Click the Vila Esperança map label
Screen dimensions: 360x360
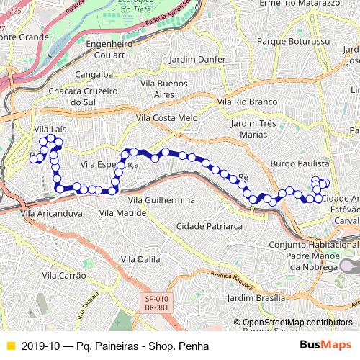[109, 164]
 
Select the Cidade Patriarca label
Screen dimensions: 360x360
[209, 225]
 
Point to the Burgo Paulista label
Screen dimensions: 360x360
[300, 164]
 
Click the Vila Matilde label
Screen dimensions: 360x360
[123, 212]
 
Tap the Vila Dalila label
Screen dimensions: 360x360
[140, 258]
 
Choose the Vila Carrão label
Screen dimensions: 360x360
[64, 275]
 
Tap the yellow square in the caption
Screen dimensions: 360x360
[9, 346]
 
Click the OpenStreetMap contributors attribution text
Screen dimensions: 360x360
[297, 322]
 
